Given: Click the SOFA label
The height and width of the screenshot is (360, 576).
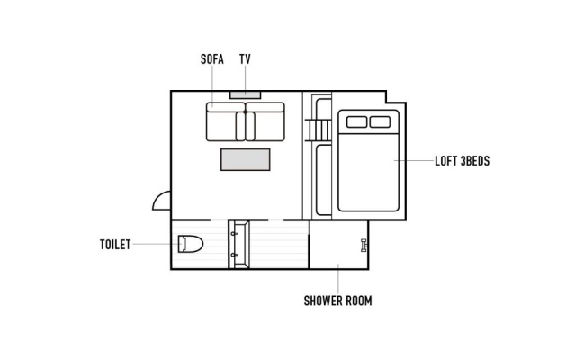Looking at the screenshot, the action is pos(212,59).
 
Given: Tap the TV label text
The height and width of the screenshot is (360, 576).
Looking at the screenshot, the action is pos(245,59).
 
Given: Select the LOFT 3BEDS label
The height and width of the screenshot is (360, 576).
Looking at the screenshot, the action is pos(462,161).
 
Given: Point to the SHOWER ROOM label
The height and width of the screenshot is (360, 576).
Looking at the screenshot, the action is pos(338,301).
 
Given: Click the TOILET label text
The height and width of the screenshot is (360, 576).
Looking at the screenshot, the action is pos(115,245).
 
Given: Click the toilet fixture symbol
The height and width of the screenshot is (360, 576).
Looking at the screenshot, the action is pos(190,244).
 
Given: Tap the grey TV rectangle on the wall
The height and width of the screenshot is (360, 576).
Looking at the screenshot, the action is pos(246,94).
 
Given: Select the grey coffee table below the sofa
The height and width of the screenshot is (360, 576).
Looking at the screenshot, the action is pos(246,160).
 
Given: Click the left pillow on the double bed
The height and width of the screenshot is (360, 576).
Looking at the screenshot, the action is pos(356,122).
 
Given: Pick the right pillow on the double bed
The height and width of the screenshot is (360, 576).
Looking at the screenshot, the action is pos(380,122).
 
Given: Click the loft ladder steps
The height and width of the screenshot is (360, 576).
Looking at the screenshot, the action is pos(318,130).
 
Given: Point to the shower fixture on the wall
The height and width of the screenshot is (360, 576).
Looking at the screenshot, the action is pos(364,245).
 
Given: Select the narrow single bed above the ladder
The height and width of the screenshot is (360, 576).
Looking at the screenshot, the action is pos(323,109).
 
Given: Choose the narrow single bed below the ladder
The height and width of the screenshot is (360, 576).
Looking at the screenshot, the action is pos(324,180).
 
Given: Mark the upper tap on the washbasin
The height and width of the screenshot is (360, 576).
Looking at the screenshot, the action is pos(234,233).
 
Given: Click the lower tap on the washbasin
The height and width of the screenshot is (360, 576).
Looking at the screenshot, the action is pos(234,255).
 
